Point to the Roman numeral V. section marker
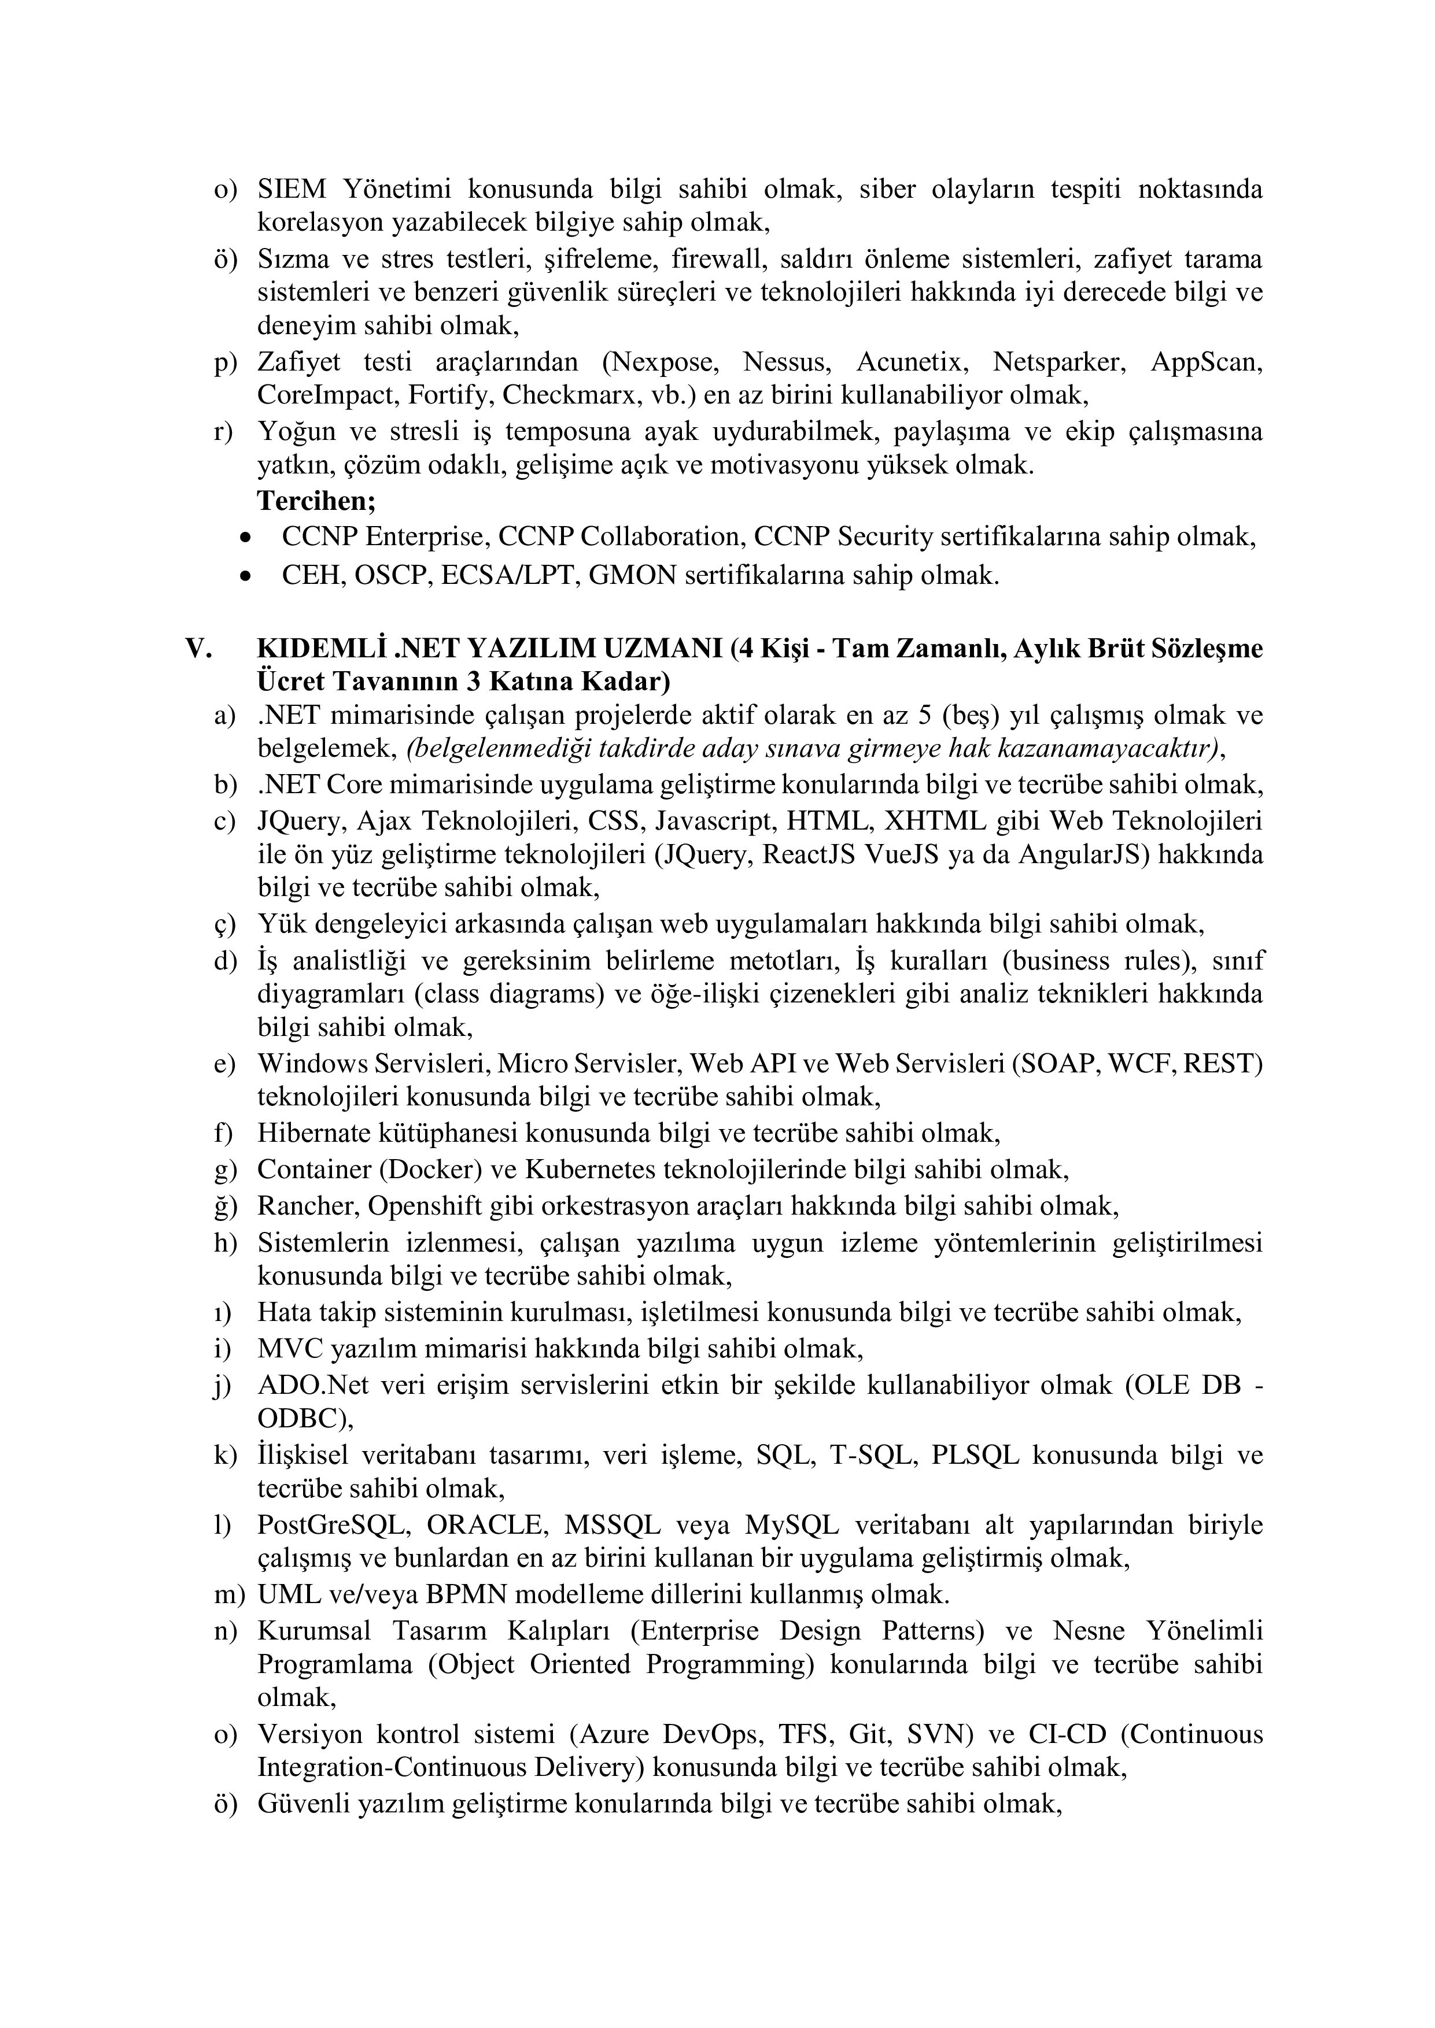[x=199, y=648]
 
